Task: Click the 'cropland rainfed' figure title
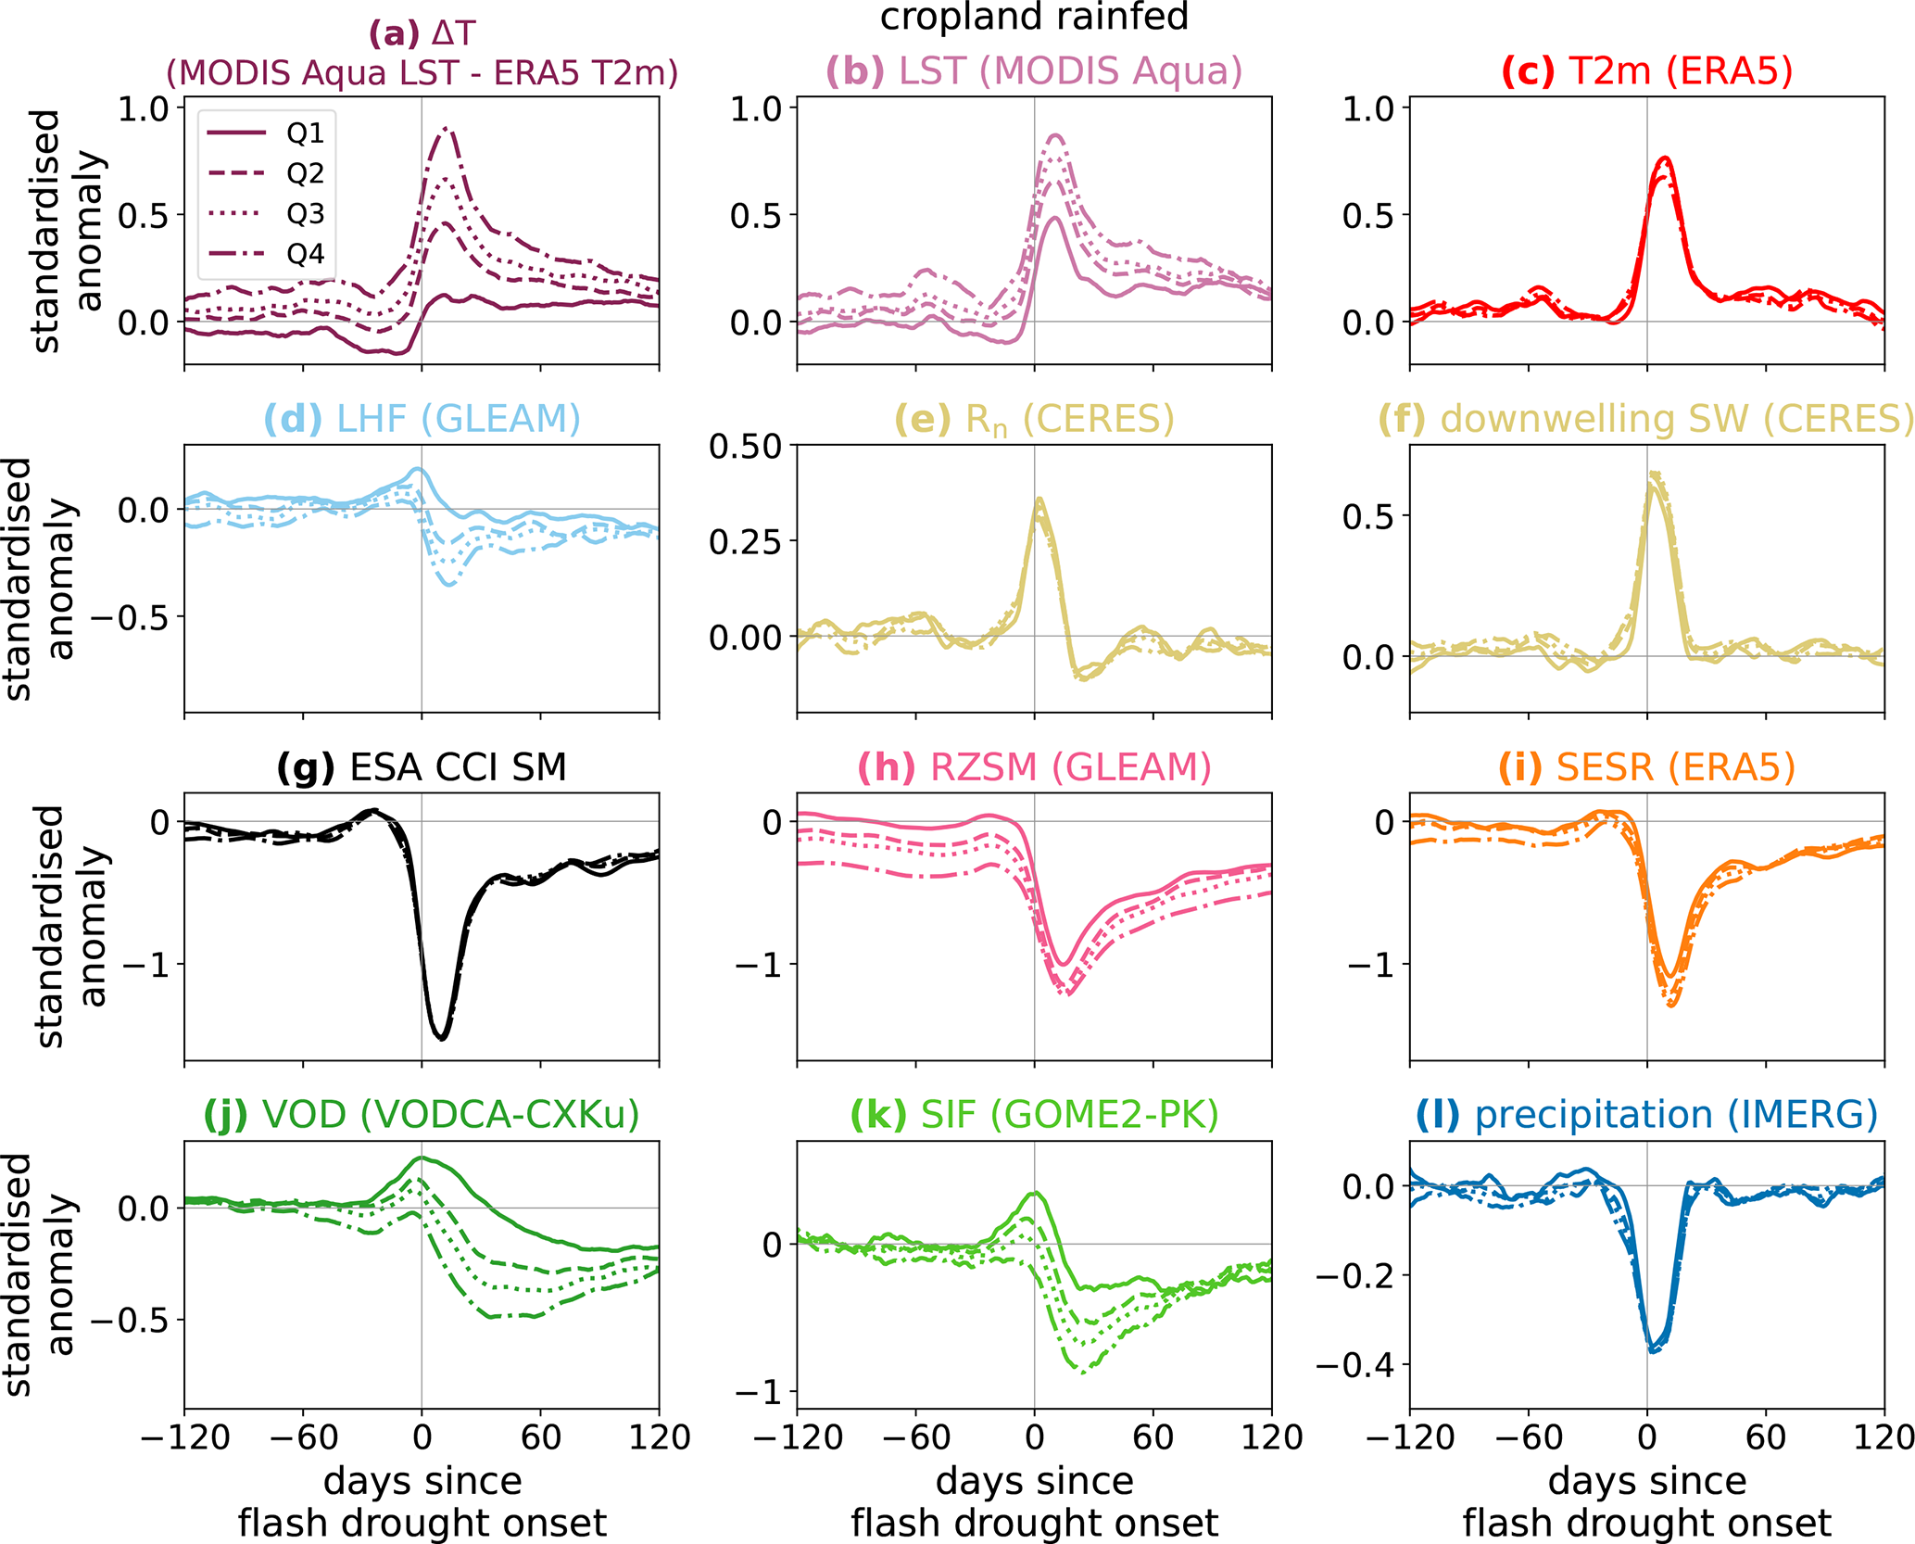coord(1034,17)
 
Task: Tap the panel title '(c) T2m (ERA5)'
coord(1646,71)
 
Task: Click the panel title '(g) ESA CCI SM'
coord(422,767)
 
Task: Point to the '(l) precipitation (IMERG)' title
coord(1646,1115)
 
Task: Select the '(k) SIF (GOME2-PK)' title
coord(1034,1115)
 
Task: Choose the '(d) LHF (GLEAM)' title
coord(422,420)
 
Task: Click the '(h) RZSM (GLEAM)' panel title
coord(1034,767)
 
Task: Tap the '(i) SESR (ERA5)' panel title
coord(1646,767)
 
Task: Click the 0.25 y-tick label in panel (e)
coord(745,542)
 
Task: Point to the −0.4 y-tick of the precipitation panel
coord(1354,1365)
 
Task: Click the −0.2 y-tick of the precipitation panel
coord(1354,1276)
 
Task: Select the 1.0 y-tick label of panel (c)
coord(1368,109)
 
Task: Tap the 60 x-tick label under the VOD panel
coord(540,1437)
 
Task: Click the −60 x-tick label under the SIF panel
coord(915,1437)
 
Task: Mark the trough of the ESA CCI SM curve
coord(441,1039)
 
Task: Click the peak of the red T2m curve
coord(1665,158)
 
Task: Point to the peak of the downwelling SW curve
coord(1654,475)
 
